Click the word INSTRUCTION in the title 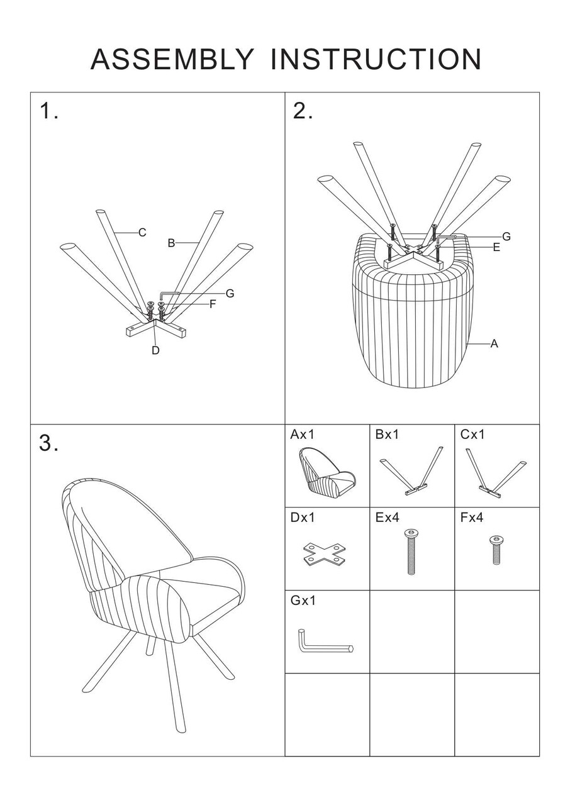coord(375,59)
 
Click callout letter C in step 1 coord(142,233)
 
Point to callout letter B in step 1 coord(171,243)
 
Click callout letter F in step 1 coord(213,304)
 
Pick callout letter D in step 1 coord(155,350)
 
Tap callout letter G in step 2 coord(506,236)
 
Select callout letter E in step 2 coord(496,247)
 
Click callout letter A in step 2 coord(494,344)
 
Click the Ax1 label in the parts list coord(302,435)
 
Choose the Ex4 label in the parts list coord(387,518)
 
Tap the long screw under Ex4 coord(411,552)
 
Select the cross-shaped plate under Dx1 coord(324,553)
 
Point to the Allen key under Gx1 coord(326,641)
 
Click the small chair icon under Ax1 coord(327,471)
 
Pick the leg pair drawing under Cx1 coord(496,472)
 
